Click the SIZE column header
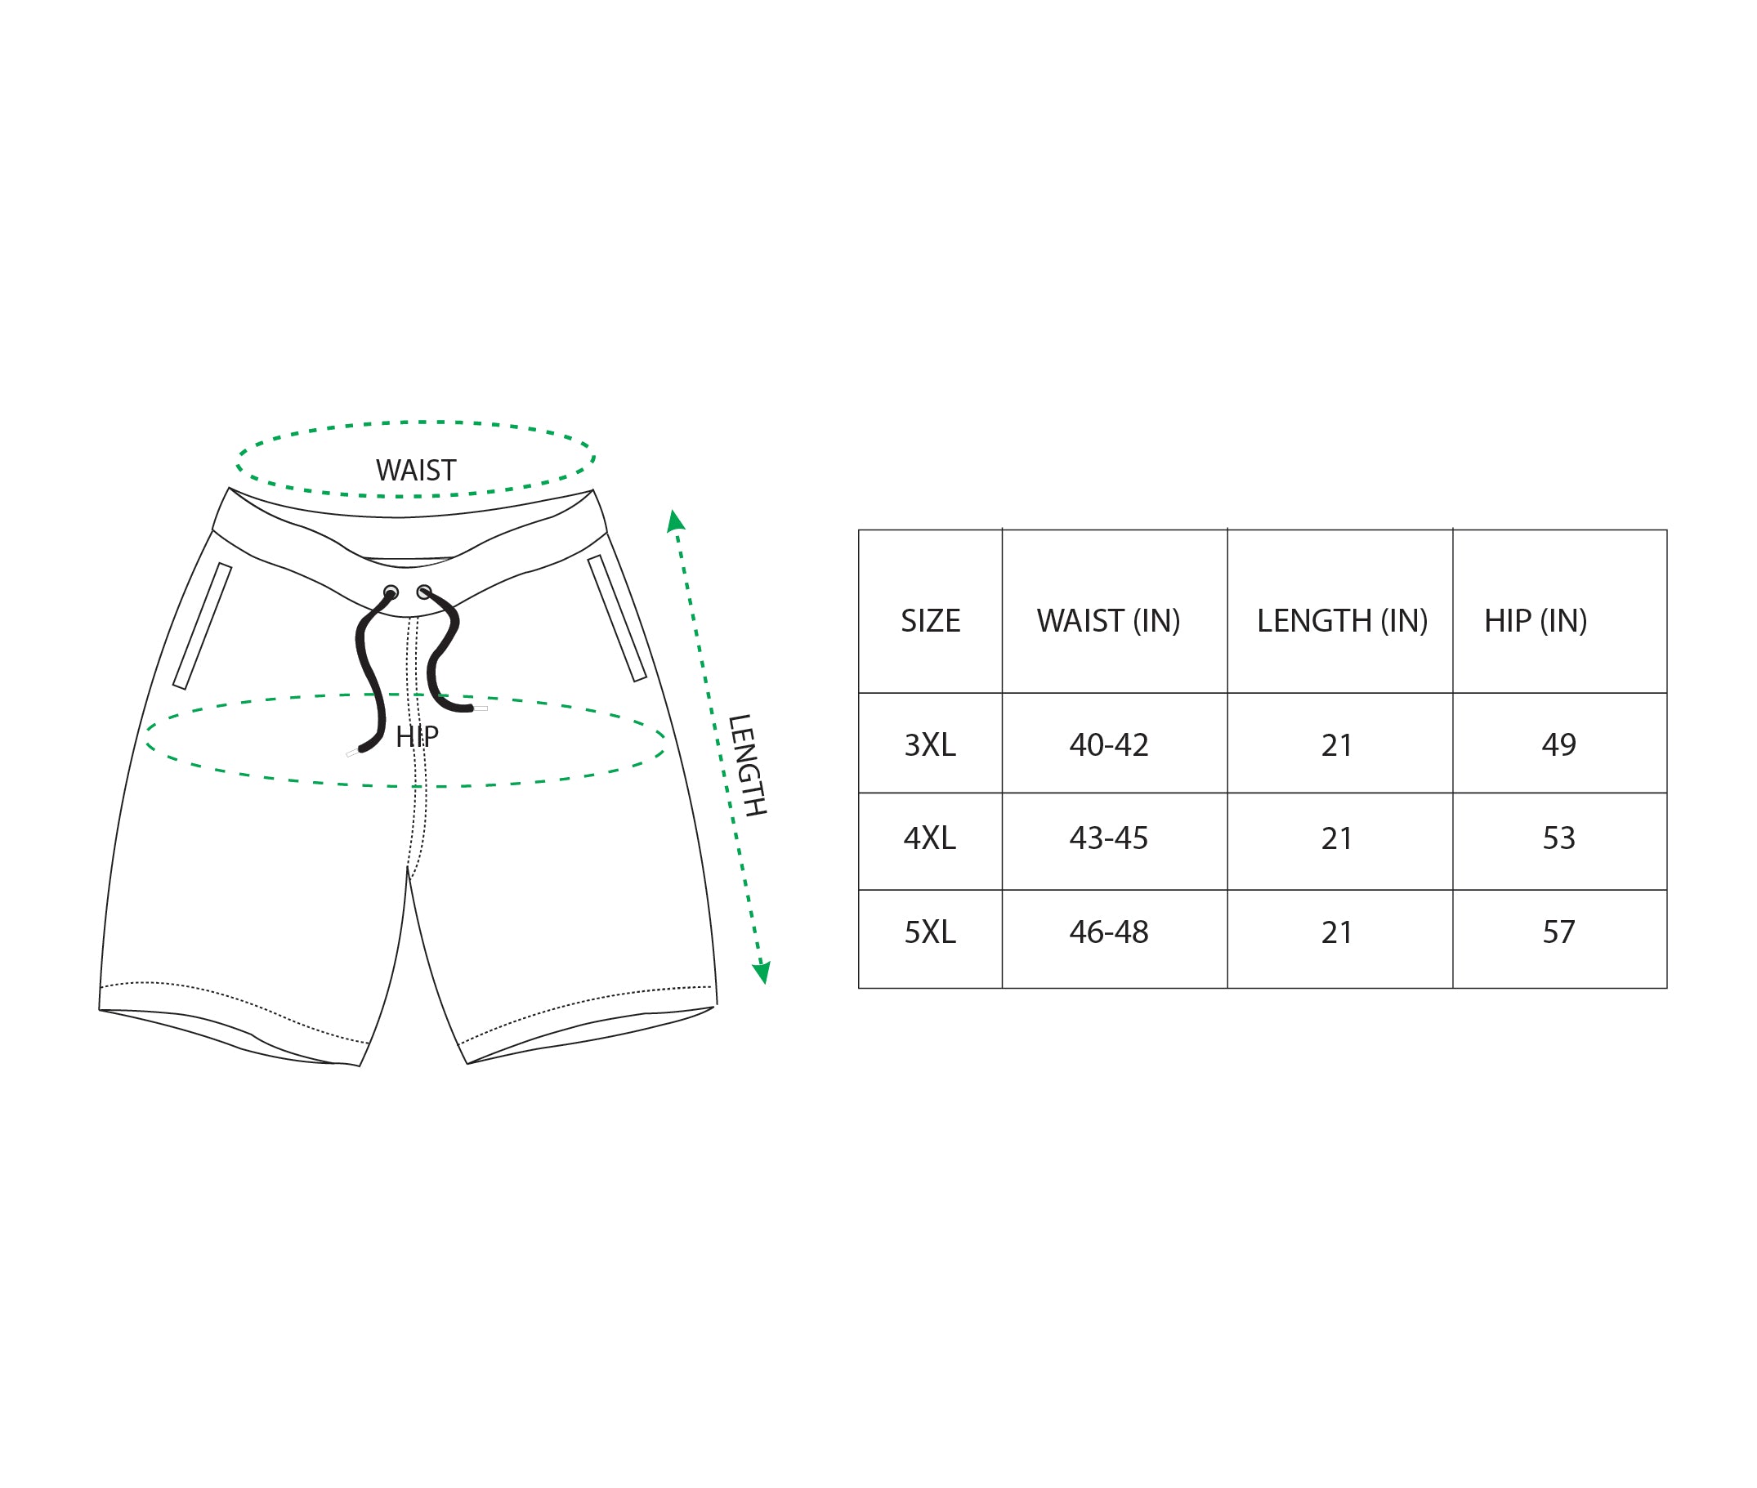930,621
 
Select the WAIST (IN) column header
1108,622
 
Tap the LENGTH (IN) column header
1342,622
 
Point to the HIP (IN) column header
1536,622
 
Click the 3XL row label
930,746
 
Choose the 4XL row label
930,838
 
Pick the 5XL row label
930,932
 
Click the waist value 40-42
1108,746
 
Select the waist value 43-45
1108,838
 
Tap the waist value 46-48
1108,932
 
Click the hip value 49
1558,745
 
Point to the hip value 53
1558,838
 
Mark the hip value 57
1558,932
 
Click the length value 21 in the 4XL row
1336,838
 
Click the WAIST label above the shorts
416,471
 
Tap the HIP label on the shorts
417,737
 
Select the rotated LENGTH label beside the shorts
747,765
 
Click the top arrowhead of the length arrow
675,521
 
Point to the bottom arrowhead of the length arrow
762,972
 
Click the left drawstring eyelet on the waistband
391,592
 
